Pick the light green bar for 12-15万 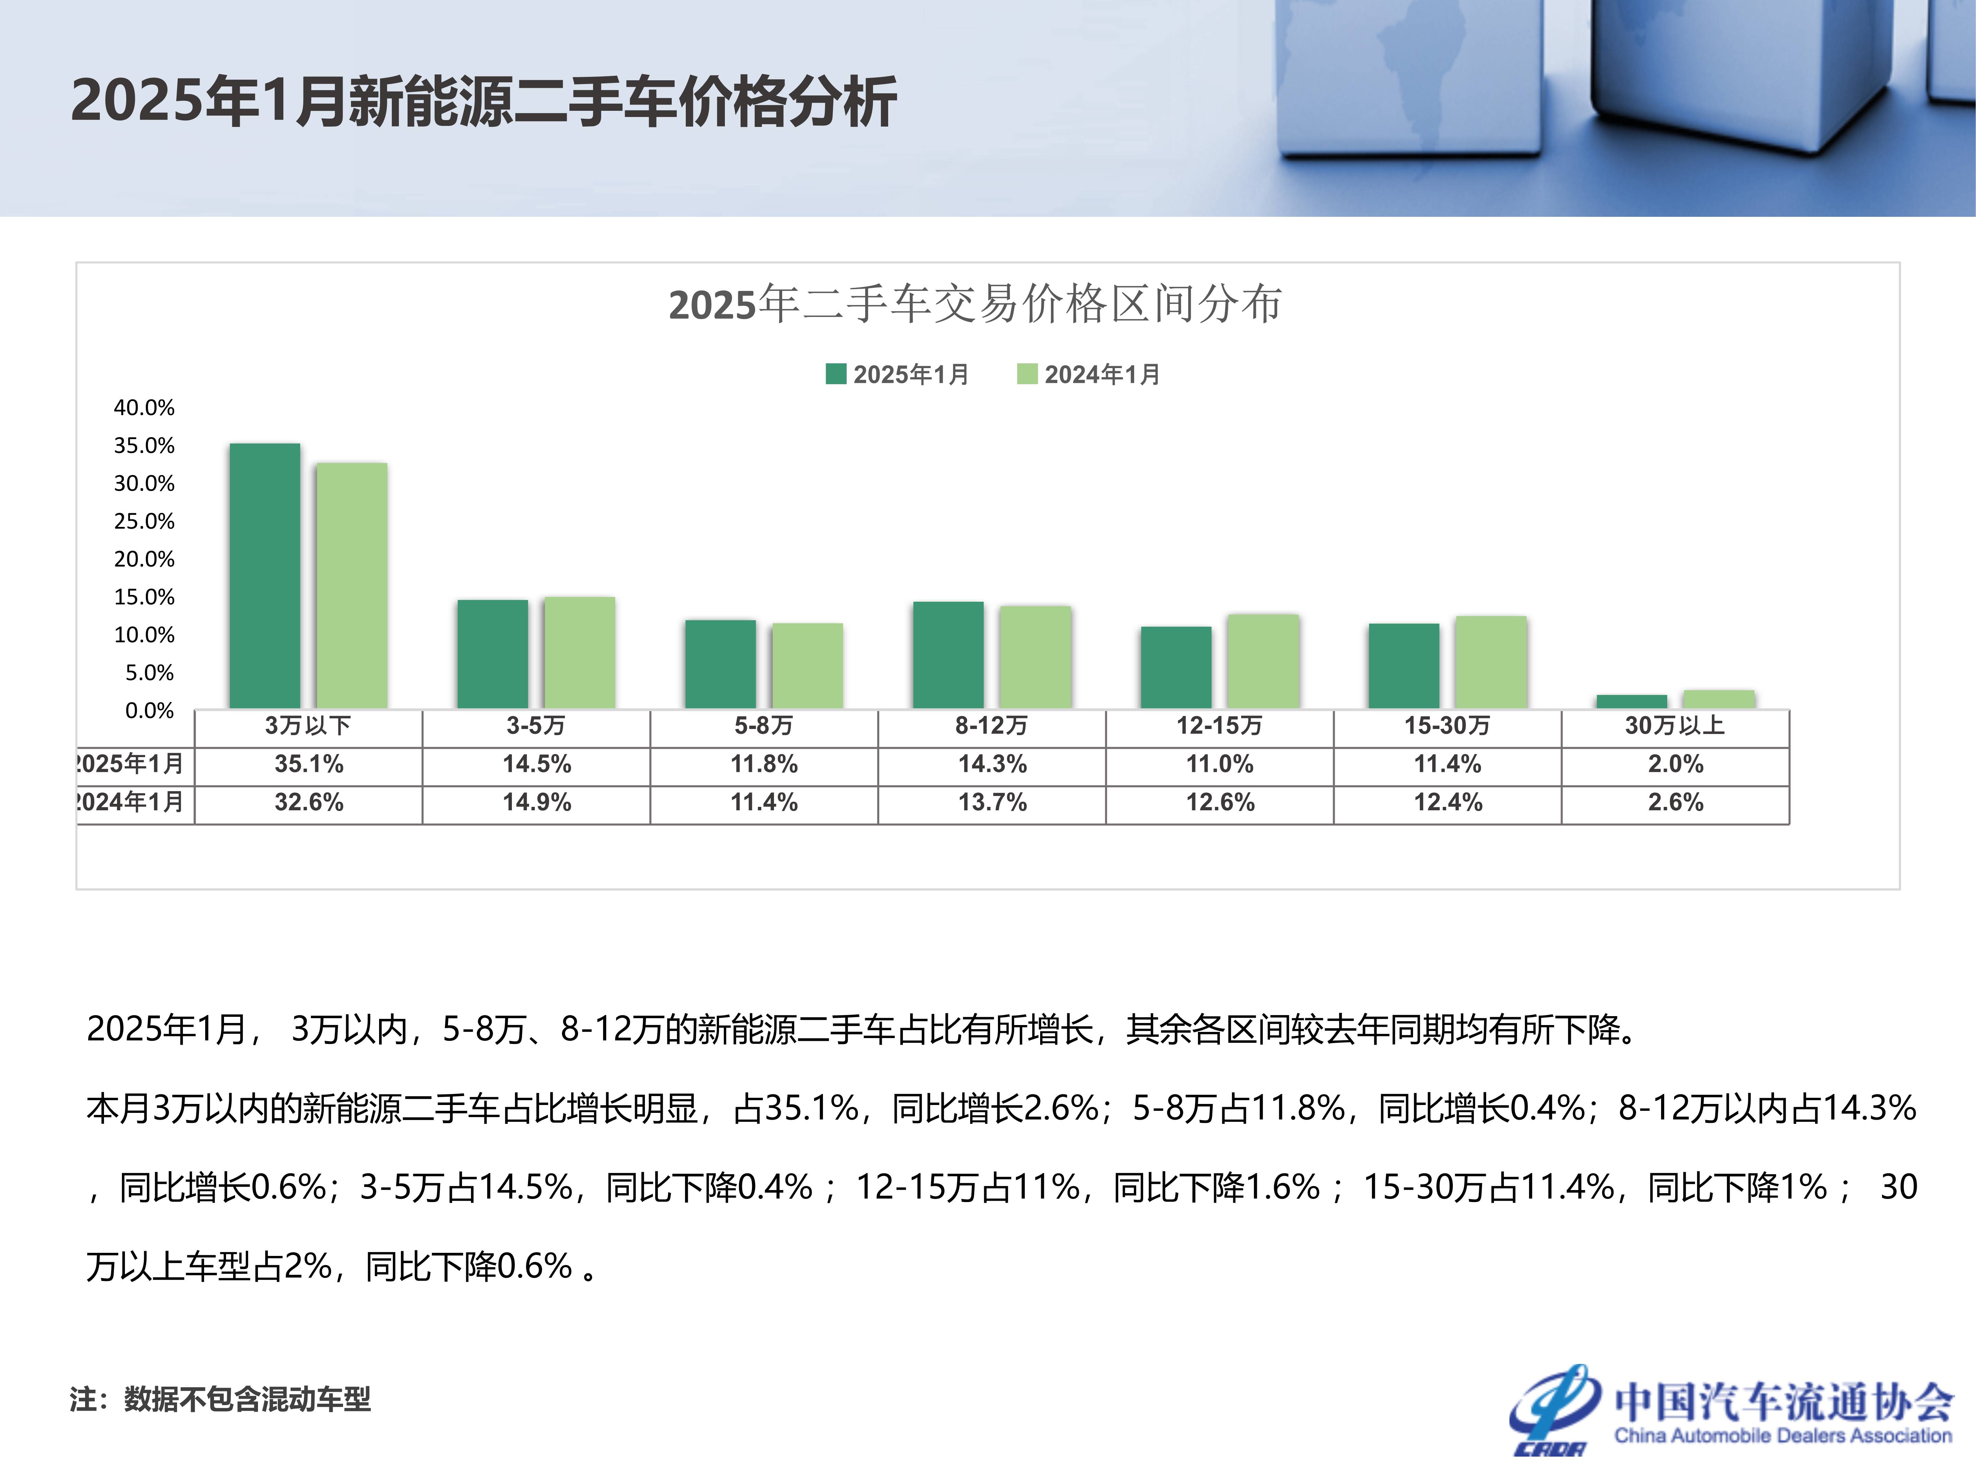[x=1263, y=661]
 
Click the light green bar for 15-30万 [x=1491, y=662]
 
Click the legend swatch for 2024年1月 [x=1027, y=373]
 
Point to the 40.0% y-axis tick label [x=144, y=407]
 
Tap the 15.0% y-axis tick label [x=144, y=597]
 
